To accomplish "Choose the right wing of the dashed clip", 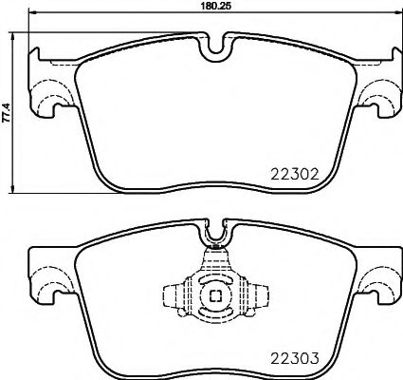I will [251, 295].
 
